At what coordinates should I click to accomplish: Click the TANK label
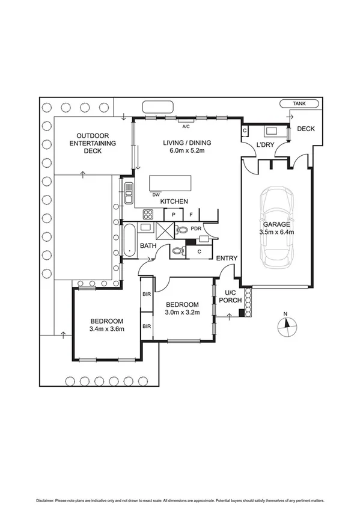tap(299, 104)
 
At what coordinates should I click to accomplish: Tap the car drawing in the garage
tap(277, 227)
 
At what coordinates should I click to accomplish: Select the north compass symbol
tap(287, 327)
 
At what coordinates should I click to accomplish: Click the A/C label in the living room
tap(186, 126)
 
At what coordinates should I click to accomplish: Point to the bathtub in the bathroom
tap(129, 240)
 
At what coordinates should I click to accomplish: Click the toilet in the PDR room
tap(182, 230)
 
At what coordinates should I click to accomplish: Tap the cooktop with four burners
tap(148, 214)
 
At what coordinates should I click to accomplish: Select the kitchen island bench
tap(170, 183)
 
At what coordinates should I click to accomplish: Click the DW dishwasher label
tap(156, 195)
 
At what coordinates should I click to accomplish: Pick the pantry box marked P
tap(173, 215)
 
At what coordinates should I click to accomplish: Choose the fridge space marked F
tap(191, 215)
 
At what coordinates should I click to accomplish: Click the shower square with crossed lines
tap(165, 230)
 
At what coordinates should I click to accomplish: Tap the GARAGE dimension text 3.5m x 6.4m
tap(276, 232)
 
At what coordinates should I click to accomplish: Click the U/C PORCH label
tap(230, 296)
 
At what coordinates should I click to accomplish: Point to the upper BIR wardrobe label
tap(147, 294)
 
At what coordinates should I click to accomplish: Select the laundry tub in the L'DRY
tap(271, 131)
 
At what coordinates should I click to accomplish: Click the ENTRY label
tap(227, 258)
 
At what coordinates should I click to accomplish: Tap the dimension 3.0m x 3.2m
tap(182, 312)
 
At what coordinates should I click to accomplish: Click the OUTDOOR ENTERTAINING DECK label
tap(93, 143)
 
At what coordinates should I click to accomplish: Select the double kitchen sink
tap(129, 192)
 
